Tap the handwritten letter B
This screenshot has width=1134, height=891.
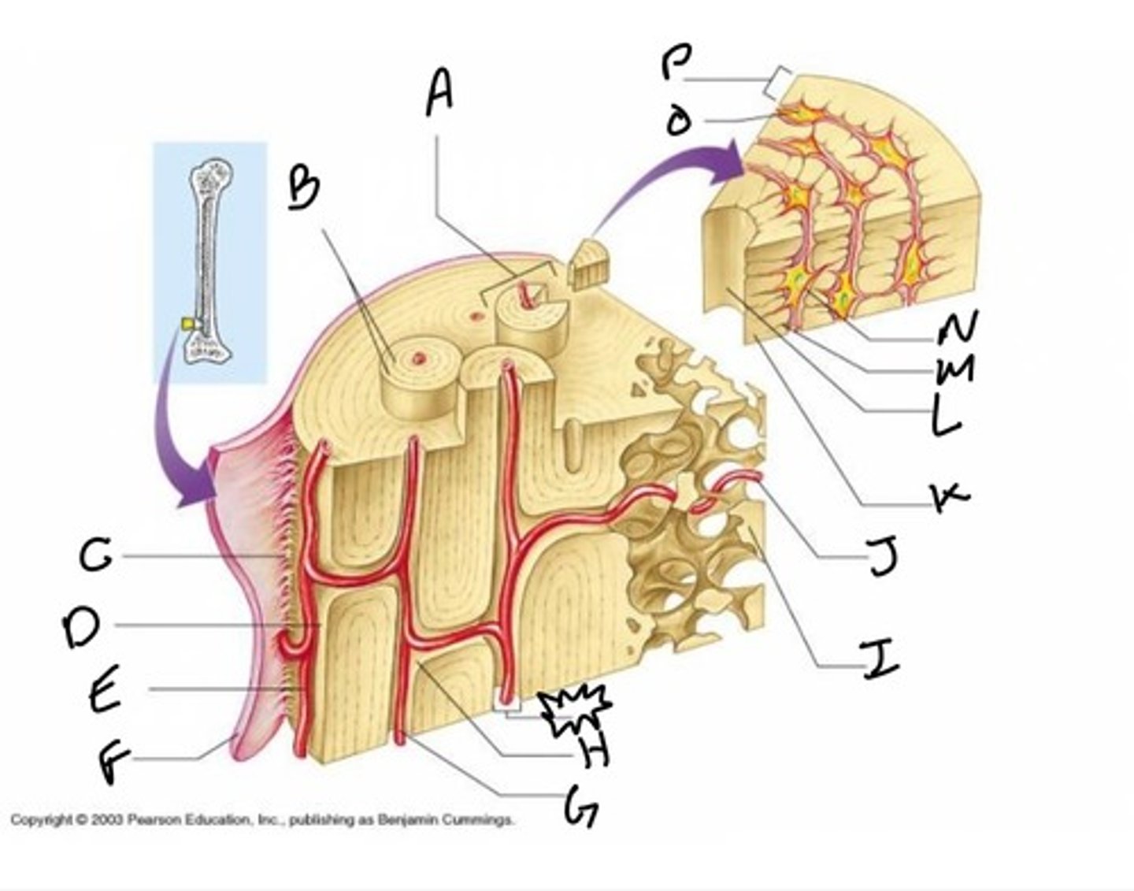click(x=303, y=187)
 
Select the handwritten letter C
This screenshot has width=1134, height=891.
click(x=96, y=558)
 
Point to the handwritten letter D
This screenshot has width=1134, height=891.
click(x=81, y=628)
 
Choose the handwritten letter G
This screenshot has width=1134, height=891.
click(x=580, y=807)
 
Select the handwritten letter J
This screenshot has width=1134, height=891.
click(x=882, y=559)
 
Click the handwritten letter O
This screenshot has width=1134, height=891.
click(x=677, y=122)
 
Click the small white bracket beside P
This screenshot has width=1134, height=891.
click(x=778, y=82)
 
